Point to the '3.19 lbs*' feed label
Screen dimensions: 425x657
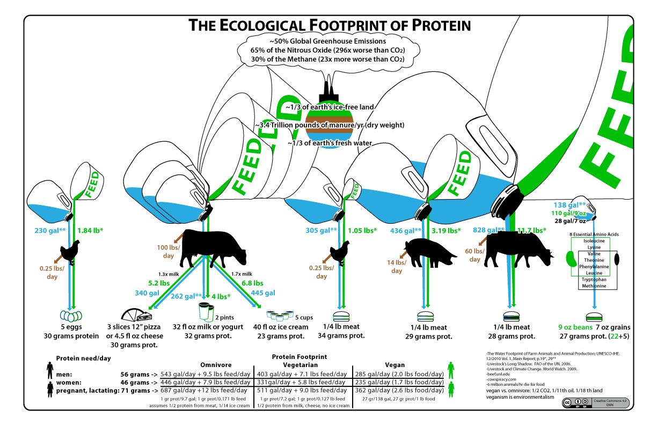[447, 231]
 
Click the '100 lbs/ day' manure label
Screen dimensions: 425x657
[166, 252]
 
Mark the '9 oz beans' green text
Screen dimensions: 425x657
[575, 327]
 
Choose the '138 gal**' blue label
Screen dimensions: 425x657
[569, 205]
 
